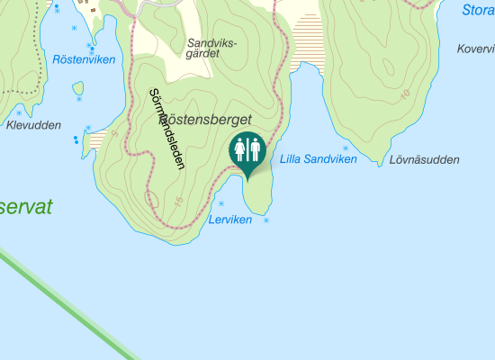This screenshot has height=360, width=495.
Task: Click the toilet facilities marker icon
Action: pyautogui.click(x=247, y=151)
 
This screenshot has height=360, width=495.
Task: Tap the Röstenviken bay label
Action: pyautogui.click(x=85, y=60)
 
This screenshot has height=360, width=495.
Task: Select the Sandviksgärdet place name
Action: pyautogui.click(x=211, y=48)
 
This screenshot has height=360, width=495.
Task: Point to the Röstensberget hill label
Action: pyautogui.click(x=209, y=119)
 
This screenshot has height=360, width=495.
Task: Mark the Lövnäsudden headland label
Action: pyautogui.click(x=425, y=160)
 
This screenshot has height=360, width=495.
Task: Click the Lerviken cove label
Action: pyautogui.click(x=229, y=220)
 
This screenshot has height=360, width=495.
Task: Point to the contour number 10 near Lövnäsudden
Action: pyautogui.click(x=405, y=94)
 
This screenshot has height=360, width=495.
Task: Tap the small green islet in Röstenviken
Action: pyautogui.click(x=78, y=90)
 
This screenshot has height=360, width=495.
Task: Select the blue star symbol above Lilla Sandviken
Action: pyautogui.click(x=345, y=147)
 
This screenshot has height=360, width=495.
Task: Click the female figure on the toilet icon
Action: pyautogui.click(x=240, y=149)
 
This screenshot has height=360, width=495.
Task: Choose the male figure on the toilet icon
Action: pyautogui.click(x=255, y=149)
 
